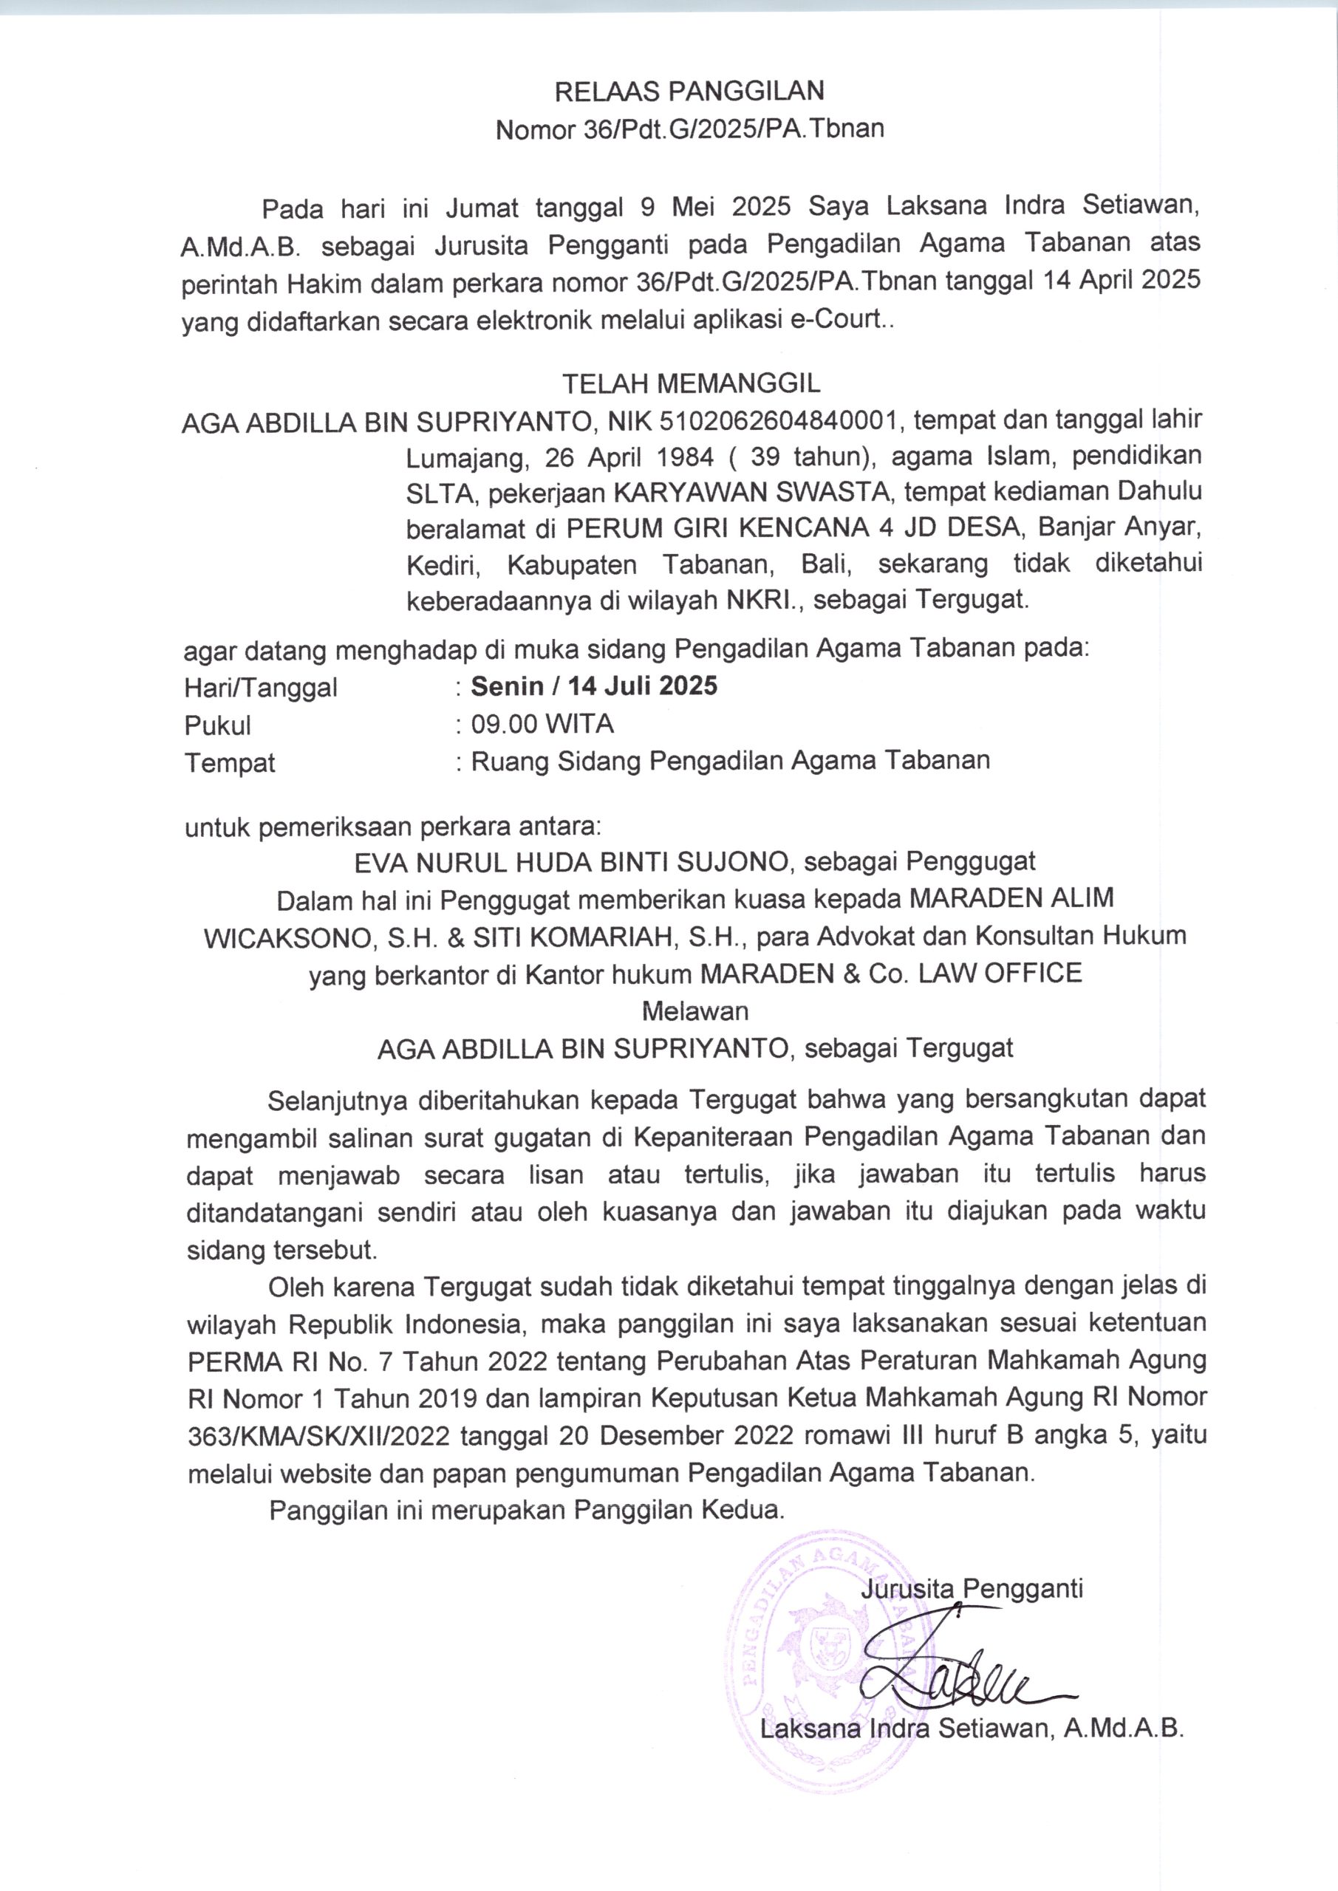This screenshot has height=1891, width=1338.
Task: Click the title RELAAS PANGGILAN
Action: pos(689,91)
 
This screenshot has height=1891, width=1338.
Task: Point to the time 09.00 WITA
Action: pos(542,725)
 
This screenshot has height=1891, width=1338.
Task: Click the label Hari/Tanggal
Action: pos(260,687)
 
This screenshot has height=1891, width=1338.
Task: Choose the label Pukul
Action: pos(217,725)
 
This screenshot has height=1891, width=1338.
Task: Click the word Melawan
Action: pos(694,1011)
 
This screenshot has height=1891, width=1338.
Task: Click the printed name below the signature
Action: pos(972,1728)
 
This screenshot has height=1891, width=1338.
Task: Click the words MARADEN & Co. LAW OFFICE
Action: pos(890,974)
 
